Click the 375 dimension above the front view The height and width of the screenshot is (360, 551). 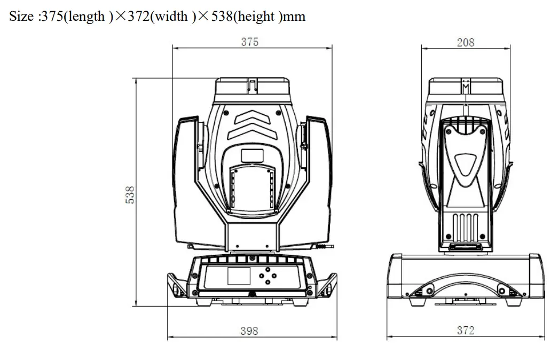(249, 42)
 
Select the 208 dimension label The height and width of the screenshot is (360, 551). (465, 42)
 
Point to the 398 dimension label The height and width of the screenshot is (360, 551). (248, 331)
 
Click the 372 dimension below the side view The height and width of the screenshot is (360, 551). (465, 331)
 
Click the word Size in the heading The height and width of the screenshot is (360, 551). (21, 17)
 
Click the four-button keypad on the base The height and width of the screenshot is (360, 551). (266, 277)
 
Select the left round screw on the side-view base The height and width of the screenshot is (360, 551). (428, 290)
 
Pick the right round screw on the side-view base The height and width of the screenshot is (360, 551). (501, 290)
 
